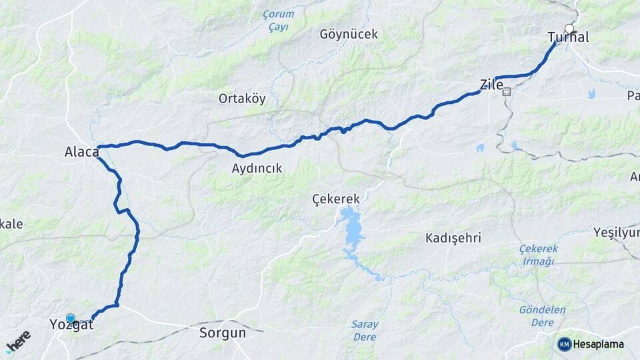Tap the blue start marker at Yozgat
coord(71,319)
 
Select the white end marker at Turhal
coord(569,28)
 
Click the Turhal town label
coord(568,38)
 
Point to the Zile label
coord(491,85)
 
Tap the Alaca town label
coord(81,152)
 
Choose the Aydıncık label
coord(257,169)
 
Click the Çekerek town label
coord(336,199)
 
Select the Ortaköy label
coord(242,99)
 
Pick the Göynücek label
coord(349,34)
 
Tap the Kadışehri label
coord(453,238)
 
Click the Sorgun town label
coord(223,332)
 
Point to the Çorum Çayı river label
coord(278,20)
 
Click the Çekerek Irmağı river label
coord(537,255)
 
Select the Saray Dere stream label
coord(365,331)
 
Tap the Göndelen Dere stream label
coord(542,316)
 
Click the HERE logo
coord(18,341)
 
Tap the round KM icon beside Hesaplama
coord(565,344)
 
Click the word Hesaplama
coord(599,344)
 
